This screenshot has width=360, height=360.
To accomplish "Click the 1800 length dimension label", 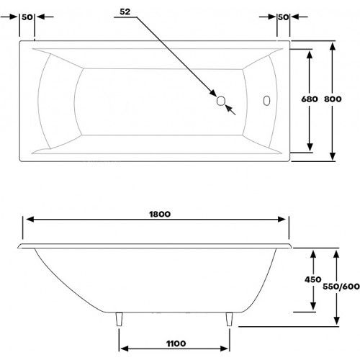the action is pyautogui.click(x=160, y=214).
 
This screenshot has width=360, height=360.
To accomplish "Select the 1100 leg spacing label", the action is pyautogui.click(x=176, y=343).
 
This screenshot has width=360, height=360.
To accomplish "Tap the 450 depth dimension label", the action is pyautogui.click(x=312, y=279).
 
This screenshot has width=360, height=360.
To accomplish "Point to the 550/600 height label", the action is pyautogui.click(x=341, y=287).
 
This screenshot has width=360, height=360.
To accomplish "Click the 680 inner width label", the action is pyautogui.click(x=310, y=99).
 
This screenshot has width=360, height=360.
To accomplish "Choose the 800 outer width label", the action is pyautogui.click(x=333, y=99).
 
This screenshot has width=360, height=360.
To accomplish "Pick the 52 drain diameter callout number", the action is pyautogui.click(x=125, y=12).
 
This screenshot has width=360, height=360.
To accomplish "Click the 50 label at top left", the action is pyautogui.click(x=27, y=17).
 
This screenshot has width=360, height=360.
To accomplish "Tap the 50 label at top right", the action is pyautogui.click(x=283, y=17).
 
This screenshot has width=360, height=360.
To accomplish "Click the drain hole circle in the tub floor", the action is pyautogui.click(x=220, y=101).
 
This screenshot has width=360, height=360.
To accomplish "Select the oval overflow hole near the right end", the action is pyautogui.click(x=266, y=101).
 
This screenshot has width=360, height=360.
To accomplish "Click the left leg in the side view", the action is pyautogui.click(x=120, y=319).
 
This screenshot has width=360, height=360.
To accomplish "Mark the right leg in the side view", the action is pyautogui.click(x=229, y=319).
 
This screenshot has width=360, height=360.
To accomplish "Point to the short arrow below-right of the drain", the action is pyautogui.click(x=230, y=109).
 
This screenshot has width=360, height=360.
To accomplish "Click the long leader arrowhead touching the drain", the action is pyautogui.click(x=213, y=93).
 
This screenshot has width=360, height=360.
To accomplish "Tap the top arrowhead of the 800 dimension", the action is pyautogui.click(x=333, y=46).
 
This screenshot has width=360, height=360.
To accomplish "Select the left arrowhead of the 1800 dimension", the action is pyautogui.click(x=30, y=219).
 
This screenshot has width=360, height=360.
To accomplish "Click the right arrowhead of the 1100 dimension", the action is pyautogui.click(x=224, y=348).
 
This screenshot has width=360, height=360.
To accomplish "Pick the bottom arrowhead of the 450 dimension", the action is pyautogui.click(x=312, y=306).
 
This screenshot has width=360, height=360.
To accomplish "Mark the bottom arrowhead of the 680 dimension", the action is pyautogui.click(x=310, y=147).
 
